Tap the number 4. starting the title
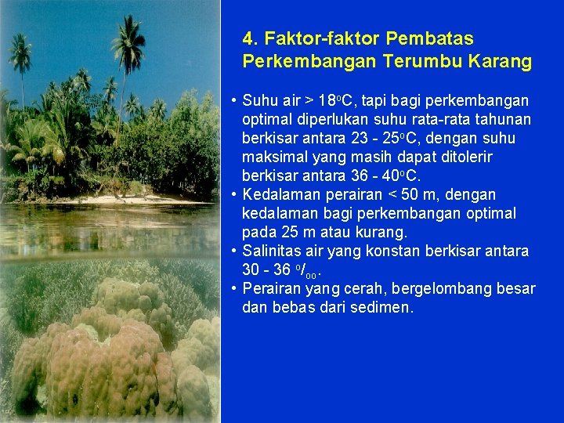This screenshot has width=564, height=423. (x=251, y=38)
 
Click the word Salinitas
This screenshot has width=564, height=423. (x=271, y=251)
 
